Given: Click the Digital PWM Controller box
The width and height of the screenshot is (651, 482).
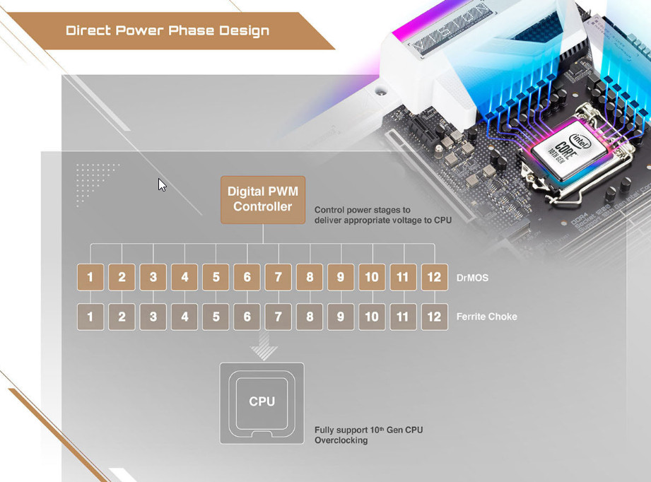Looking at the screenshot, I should (x=262, y=199).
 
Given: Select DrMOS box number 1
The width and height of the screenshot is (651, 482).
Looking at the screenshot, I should (x=90, y=277).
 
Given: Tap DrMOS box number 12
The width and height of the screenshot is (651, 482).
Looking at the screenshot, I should (x=434, y=277).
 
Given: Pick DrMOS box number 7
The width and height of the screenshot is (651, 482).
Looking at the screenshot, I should (x=278, y=277).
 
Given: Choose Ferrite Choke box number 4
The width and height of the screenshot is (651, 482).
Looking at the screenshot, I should (x=184, y=317).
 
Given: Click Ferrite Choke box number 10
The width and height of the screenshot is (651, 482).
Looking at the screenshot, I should (x=372, y=317).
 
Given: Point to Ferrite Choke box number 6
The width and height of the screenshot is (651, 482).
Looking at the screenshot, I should (x=247, y=317).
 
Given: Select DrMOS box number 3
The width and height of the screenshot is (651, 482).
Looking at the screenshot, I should (x=153, y=277).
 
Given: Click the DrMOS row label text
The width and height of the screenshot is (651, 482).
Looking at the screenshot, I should (x=472, y=278).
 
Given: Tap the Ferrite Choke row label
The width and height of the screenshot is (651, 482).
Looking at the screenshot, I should (x=486, y=317).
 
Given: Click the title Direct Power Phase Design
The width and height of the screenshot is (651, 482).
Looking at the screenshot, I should (x=168, y=31).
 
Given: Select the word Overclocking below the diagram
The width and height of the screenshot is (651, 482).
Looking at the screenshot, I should (x=341, y=440).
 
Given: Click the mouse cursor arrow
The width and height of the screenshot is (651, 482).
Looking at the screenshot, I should (x=162, y=184).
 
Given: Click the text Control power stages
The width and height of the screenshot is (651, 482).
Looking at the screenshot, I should (x=362, y=210).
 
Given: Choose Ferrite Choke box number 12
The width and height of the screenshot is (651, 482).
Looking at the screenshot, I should (x=434, y=317).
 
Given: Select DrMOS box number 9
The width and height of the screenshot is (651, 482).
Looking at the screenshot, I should (x=341, y=277).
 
